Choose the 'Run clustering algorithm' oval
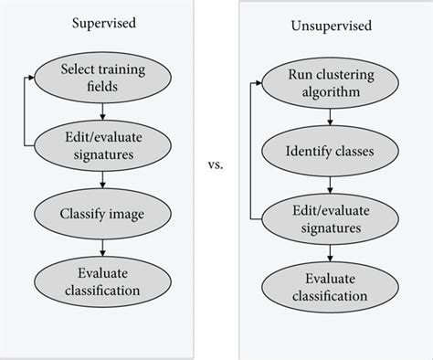point(327,84)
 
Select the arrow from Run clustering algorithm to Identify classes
point(327,117)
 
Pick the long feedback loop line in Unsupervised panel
point(248,151)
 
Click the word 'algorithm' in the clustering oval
point(327,92)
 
